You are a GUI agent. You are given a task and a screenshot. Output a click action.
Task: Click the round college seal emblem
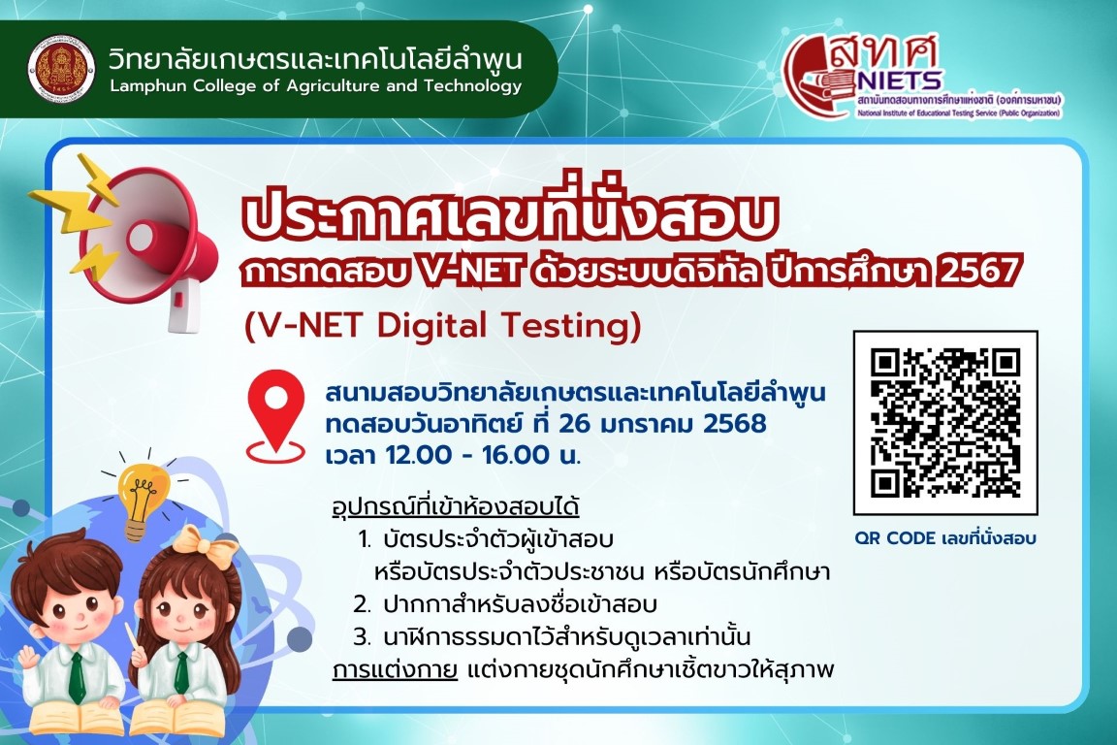[x=61, y=69]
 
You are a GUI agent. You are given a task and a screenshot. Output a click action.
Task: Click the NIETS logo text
[x=901, y=80]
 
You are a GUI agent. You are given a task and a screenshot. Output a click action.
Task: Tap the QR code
[x=945, y=422]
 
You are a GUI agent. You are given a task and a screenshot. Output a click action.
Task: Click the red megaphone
[x=146, y=243]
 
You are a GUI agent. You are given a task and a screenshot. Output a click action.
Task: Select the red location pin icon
[x=275, y=416]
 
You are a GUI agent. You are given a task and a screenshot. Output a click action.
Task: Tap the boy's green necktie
[x=77, y=676]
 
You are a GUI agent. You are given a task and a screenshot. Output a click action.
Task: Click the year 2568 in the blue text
[x=734, y=424]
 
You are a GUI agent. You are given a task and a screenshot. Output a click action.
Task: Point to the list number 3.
[x=363, y=636]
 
